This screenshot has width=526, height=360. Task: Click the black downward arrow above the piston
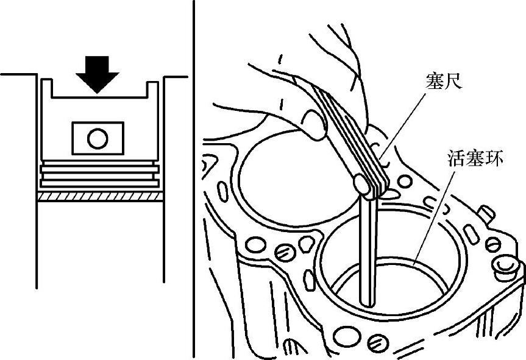(98, 71)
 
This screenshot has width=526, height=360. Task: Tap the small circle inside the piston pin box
(98, 138)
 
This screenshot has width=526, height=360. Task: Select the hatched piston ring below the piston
(101, 197)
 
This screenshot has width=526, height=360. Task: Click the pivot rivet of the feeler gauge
(363, 185)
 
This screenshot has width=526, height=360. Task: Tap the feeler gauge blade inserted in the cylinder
(368, 256)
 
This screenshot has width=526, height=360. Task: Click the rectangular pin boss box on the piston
(98, 138)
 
